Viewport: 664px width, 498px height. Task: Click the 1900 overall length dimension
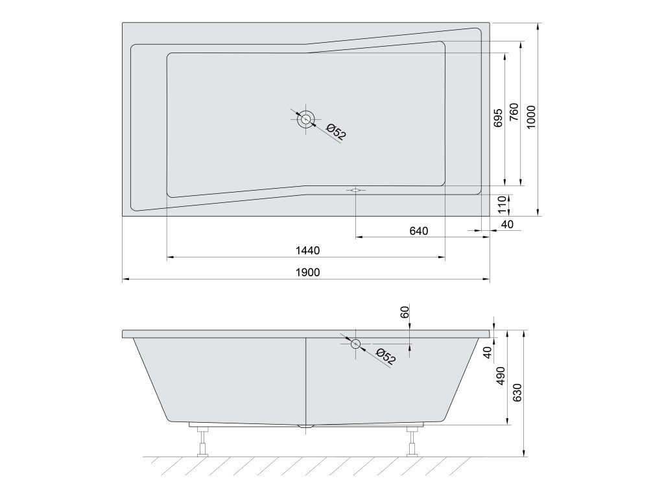tap(307, 272)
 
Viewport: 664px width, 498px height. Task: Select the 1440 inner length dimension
tap(307, 251)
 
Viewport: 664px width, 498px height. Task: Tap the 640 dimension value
tap(419, 231)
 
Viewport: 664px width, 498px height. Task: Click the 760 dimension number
tap(514, 112)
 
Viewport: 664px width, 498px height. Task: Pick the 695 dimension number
tap(498, 117)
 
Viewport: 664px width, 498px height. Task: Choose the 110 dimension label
tap(502, 204)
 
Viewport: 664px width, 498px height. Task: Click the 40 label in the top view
tap(507, 224)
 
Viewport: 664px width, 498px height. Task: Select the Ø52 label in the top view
tap(337, 131)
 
